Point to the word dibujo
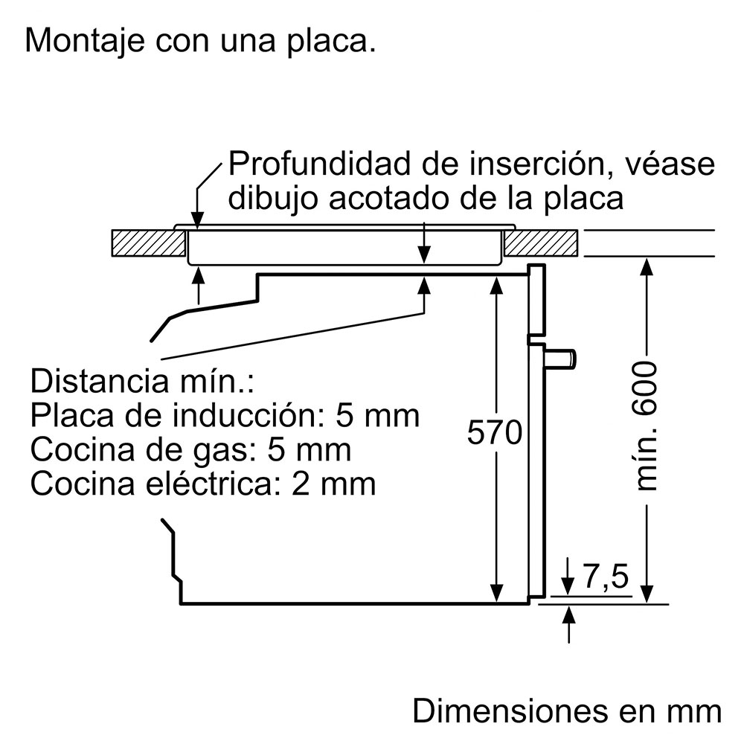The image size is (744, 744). pos(272,199)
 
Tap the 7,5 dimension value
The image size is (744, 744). pos(605,577)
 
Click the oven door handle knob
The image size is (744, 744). pos(561,358)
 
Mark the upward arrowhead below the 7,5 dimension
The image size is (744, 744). pos(569,614)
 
